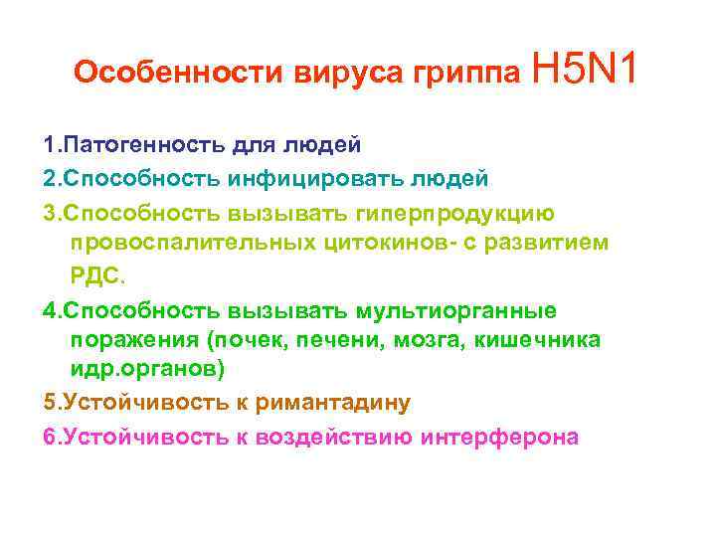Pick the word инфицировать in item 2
[338, 179]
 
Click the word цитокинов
[391, 244]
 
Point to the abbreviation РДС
[94, 275]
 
